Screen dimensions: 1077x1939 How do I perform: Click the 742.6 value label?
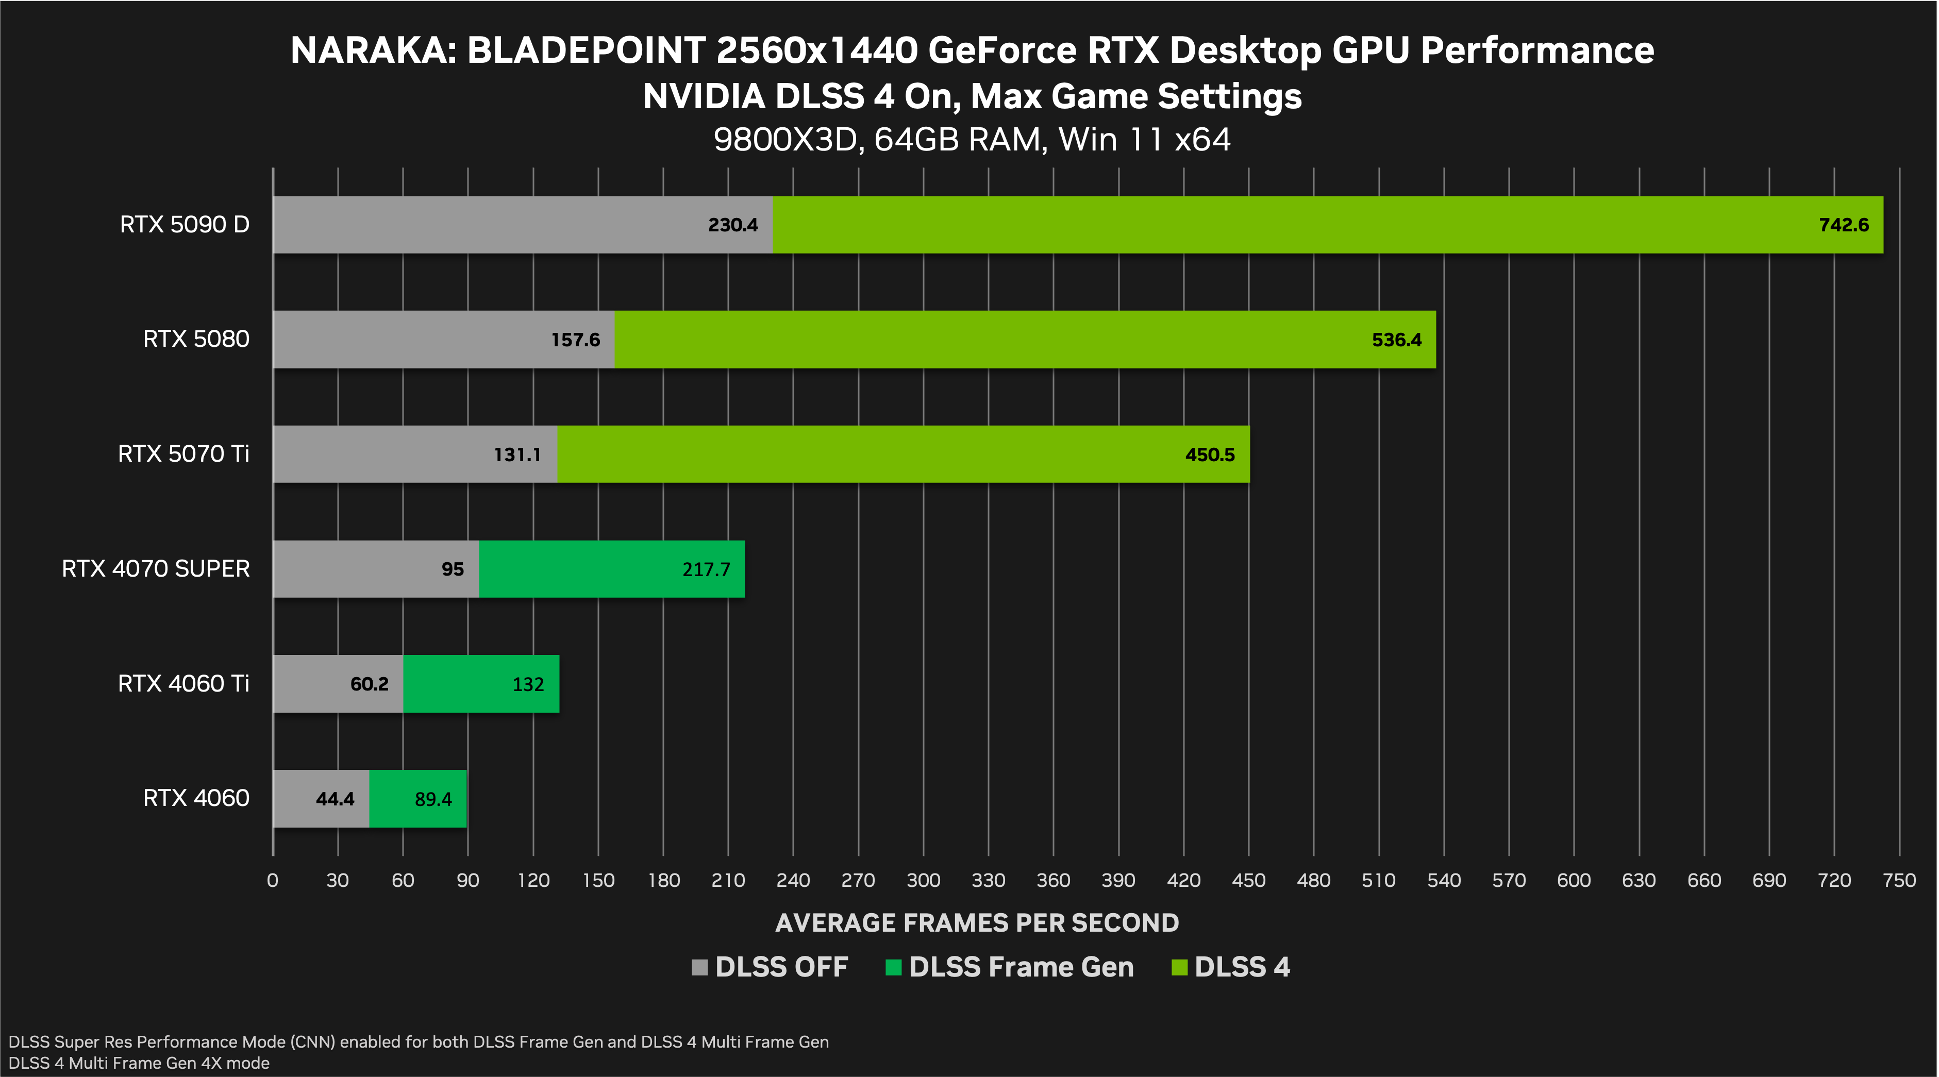(x=1844, y=225)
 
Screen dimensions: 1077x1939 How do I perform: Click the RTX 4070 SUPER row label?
(x=156, y=568)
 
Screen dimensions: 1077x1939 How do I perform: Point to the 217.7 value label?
(x=706, y=570)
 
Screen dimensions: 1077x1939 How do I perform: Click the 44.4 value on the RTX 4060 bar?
(x=335, y=799)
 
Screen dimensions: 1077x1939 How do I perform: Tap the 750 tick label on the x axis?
(x=1898, y=881)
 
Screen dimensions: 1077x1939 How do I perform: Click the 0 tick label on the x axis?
(x=273, y=881)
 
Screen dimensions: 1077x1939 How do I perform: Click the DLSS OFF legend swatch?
(x=699, y=968)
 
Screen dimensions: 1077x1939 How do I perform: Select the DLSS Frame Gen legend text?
(x=1021, y=967)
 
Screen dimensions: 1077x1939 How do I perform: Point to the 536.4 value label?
(x=1396, y=340)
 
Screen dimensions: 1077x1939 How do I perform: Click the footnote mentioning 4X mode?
(x=139, y=1063)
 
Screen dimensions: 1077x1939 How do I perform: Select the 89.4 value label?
(x=433, y=799)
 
